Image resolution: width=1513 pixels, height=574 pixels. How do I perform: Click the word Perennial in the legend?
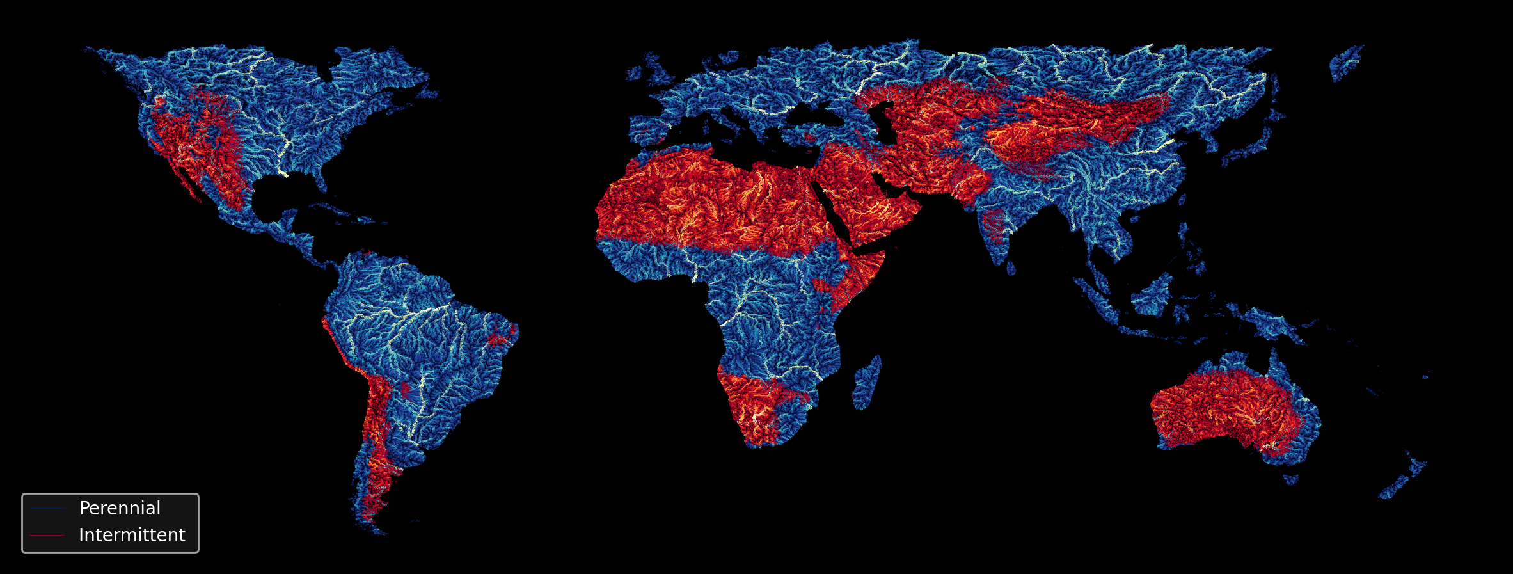[120, 508]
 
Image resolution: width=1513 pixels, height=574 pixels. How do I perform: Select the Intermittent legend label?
[132, 535]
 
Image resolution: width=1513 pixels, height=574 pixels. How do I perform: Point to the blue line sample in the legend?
[47, 509]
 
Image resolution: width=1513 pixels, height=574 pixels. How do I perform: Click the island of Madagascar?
[867, 383]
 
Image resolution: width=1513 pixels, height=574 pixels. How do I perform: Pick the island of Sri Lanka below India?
[1011, 267]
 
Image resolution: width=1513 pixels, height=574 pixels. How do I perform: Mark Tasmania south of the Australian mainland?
[1291, 479]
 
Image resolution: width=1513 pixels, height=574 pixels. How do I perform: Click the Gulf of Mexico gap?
[281, 192]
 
